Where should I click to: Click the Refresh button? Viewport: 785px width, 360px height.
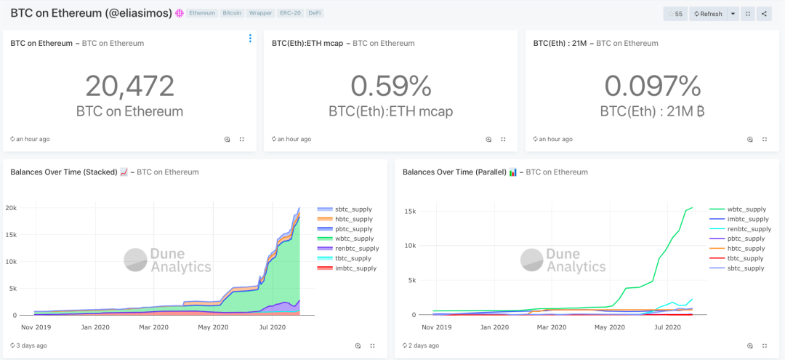[708, 14]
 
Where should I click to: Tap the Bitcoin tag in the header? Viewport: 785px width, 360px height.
[232, 13]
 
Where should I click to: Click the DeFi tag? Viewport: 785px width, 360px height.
[314, 13]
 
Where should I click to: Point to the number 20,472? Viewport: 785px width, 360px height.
[129, 86]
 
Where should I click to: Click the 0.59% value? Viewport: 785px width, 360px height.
[390, 86]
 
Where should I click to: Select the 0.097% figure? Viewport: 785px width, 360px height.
[652, 86]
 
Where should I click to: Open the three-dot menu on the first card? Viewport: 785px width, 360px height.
[250, 39]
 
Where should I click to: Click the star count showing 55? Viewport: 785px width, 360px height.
[675, 14]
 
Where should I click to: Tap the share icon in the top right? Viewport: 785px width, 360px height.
[764, 14]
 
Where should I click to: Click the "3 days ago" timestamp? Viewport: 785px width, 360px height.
[31, 345]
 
